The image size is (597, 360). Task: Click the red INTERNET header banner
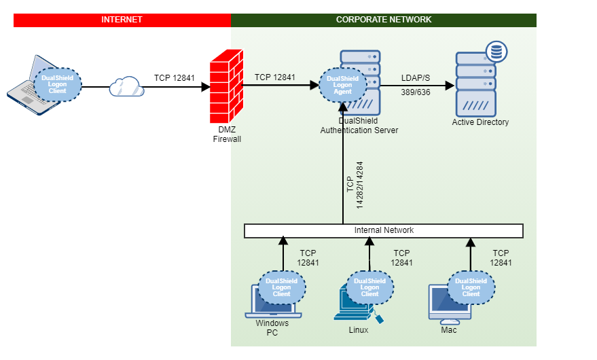pyautogui.click(x=122, y=20)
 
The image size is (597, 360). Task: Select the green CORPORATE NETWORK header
pyautogui.click(x=384, y=20)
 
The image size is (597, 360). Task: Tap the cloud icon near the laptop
pyautogui.click(x=127, y=86)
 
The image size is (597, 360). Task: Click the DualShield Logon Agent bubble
pyautogui.click(x=343, y=84)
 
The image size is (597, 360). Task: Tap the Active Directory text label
pyautogui.click(x=480, y=122)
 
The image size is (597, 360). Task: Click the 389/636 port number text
pyautogui.click(x=414, y=92)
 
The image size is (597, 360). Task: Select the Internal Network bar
pyautogui.click(x=384, y=231)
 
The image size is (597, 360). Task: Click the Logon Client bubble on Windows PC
pyautogui.click(x=282, y=287)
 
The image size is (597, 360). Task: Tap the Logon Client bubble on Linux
pyautogui.click(x=370, y=287)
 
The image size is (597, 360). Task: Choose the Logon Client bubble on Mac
pyautogui.click(x=471, y=287)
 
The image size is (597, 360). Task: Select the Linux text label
pyautogui.click(x=358, y=330)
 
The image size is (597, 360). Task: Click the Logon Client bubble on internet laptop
pyautogui.click(x=58, y=84)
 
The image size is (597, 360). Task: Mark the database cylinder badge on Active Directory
pyautogui.click(x=497, y=52)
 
